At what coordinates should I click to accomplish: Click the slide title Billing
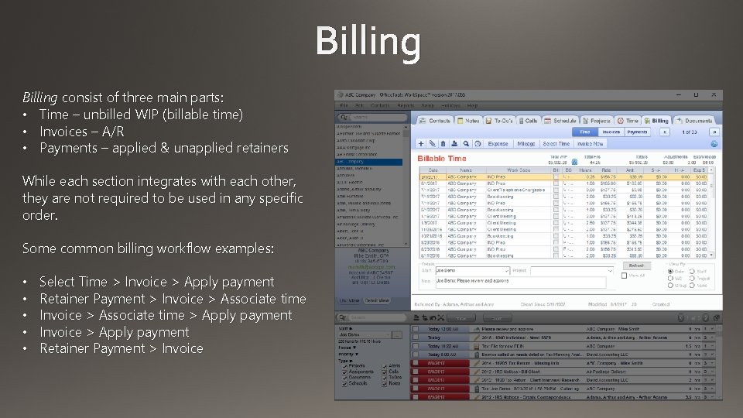point(368,42)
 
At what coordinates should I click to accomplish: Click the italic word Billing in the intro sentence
point(39,98)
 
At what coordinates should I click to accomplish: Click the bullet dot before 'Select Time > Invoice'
point(26,283)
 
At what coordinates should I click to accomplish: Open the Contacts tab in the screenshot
point(436,121)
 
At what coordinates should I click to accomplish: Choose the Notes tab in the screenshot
point(469,121)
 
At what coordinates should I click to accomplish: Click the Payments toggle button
point(638,132)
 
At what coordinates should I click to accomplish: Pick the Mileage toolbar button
point(526,144)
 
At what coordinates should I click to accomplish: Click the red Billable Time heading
point(442,159)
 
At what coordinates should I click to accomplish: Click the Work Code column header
point(519,170)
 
